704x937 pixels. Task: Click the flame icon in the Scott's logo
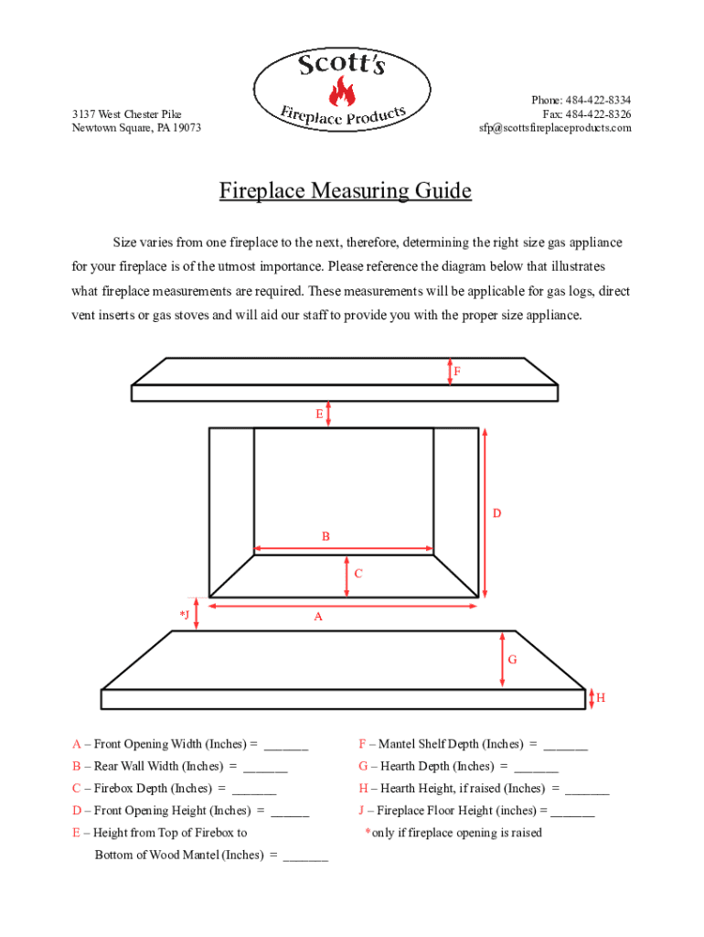tap(343, 92)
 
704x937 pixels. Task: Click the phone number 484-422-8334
tap(598, 100)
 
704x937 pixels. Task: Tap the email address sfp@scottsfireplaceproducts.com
tap(555, 128)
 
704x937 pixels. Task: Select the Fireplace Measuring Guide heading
tap(346, 191)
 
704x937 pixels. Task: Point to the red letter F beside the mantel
tap(457, 372)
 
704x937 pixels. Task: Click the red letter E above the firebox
tap(319, 414)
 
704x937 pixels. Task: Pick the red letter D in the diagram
tap(496, 513)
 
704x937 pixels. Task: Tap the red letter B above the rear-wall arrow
tap(325, 536)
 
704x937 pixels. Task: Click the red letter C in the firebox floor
tap(358, 574)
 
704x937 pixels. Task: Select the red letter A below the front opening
tap(318, 617)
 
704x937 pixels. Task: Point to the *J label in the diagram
tap(185, 614)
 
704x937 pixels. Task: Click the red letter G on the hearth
tap(512, 659)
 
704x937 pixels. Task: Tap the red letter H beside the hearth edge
tap(601, 698)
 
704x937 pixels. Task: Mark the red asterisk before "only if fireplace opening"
tap(368, 833)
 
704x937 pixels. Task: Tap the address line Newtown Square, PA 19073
tap(136, 128)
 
